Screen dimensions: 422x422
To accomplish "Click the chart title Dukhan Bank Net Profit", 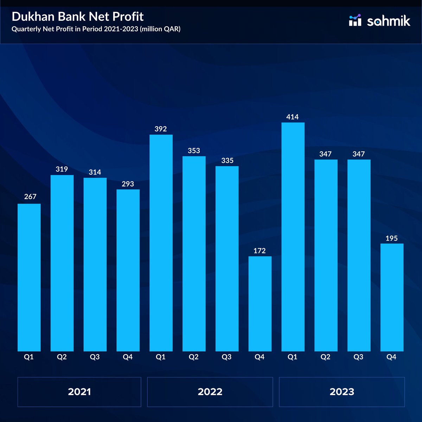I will click(78, 17).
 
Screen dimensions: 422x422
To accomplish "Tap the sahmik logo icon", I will click(355, 20).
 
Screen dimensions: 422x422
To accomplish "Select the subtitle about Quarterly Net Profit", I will click(96, 29).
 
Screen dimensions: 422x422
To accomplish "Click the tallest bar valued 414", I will click(293, 237).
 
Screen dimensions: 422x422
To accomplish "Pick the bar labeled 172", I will click(260, 303).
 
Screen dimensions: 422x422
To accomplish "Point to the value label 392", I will click(161, 129).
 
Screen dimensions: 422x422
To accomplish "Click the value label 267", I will click(30, 197).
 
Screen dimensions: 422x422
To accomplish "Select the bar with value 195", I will click(392, 297).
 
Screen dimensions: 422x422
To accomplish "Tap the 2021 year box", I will click(79, 392).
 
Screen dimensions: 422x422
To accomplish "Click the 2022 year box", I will click(210, 392).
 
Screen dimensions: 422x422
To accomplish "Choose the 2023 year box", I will click(342, 392).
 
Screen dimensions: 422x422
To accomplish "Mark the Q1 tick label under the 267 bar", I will click(29, 357).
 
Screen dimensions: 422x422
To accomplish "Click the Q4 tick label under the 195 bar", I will click(391, 357).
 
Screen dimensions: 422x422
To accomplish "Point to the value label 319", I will click(62, 169).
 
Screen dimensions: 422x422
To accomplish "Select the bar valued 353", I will click(194, 254).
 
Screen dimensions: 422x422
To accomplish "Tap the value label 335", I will click(227, 161).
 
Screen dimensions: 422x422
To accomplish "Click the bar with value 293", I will click(128, 270).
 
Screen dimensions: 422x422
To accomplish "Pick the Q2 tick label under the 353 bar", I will click(193, 357).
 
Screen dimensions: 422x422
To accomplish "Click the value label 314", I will click(95, 172).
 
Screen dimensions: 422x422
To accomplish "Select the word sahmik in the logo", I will click(389, 21).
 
